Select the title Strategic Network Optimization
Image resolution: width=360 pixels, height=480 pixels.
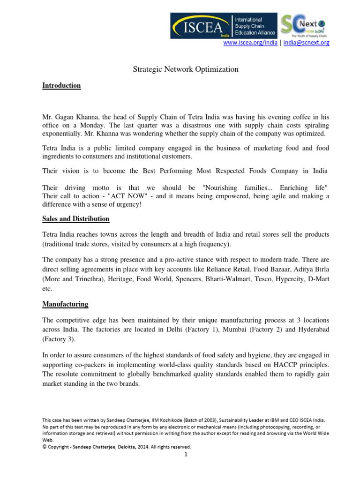point(183,69)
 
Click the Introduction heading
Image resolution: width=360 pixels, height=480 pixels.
point(61,86)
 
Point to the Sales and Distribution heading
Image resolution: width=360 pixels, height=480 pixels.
point(75,219)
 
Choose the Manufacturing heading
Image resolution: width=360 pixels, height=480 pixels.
point(65,304)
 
